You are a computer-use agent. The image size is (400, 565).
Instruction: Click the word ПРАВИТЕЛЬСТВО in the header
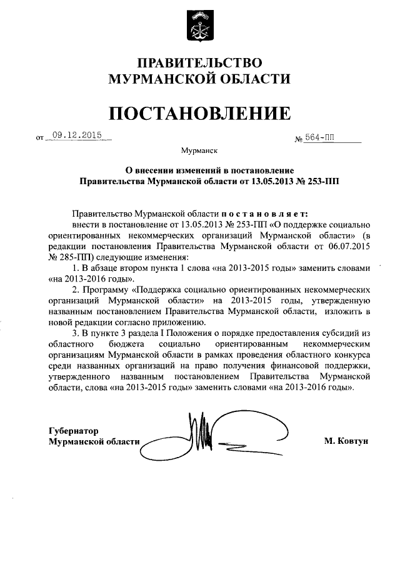click(x=199, y=63)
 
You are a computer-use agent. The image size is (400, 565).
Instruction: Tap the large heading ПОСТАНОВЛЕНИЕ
click(x=199, y=113)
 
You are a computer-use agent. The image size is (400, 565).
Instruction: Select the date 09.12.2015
click(x=78, y=134)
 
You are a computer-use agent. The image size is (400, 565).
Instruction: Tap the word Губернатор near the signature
click(x=74, y=430)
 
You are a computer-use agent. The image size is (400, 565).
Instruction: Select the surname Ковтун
click(x=353, y=441)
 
